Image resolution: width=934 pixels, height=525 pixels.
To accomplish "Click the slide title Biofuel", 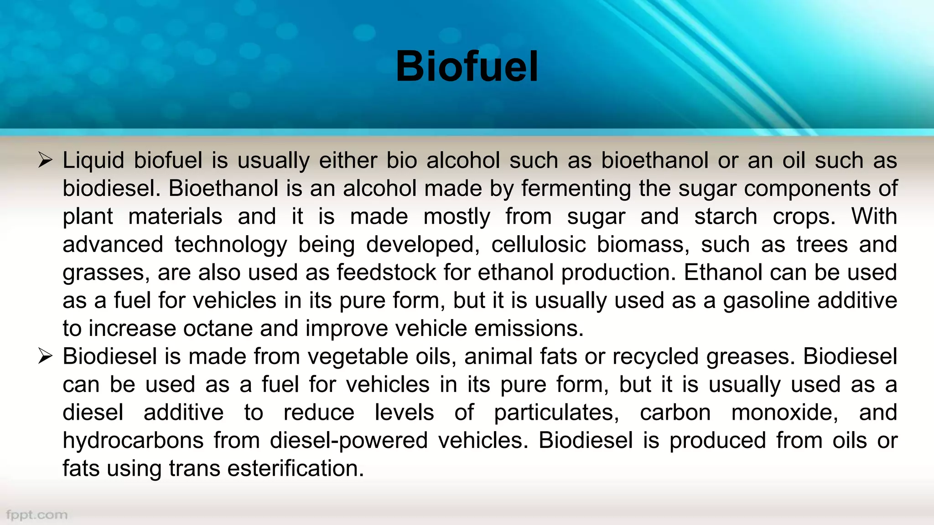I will (467, 67).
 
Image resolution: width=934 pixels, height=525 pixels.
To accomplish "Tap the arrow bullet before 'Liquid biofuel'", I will (46, 160).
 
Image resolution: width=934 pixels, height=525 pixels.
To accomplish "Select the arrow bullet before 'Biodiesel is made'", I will (46, 356).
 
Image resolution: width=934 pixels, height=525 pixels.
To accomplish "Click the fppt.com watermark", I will (37, 515).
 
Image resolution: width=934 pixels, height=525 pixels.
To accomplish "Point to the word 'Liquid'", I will (93, 160).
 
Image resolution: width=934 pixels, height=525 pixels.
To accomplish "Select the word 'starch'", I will (726, 216).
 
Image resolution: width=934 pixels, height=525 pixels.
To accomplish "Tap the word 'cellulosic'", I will (538, 245).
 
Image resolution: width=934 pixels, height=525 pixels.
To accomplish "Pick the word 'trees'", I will (822, 245).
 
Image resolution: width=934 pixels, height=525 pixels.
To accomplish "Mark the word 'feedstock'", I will (386, 273).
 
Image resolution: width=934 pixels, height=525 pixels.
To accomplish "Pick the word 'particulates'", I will (556, 413).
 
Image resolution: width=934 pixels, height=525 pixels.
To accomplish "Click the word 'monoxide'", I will (784, 413).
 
